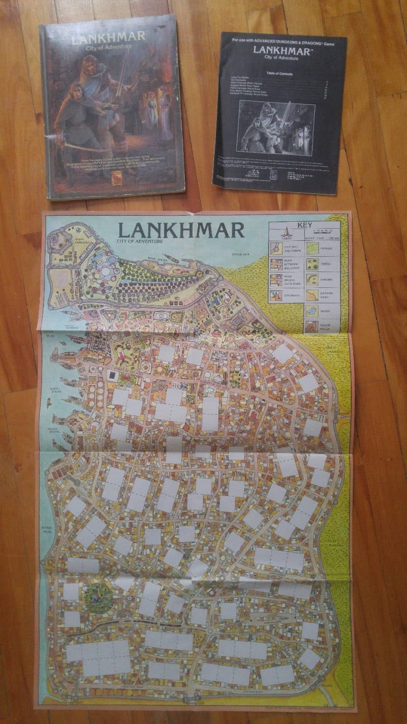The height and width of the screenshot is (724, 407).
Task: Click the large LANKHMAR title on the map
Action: point(181,230)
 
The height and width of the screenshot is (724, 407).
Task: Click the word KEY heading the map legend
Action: point(304,225)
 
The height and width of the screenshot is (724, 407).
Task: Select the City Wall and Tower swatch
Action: point(276,248)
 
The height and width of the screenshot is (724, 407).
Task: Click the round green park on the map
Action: point(99,598)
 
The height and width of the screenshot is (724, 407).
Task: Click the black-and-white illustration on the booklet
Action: point(276,127)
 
